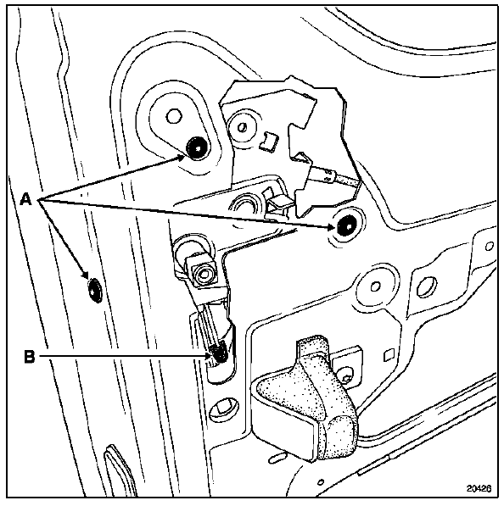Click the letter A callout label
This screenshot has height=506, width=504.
tap(25, 198)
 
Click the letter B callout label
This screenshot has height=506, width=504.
tap(29, 357)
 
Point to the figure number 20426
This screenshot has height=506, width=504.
tap(479, 488)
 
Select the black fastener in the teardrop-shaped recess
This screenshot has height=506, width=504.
tap(197, 147)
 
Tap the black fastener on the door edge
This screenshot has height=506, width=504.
tap(94, 290)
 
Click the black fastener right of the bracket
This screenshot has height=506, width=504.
tap(346, 225)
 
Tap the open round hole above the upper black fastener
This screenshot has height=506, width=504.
tap(174, 116)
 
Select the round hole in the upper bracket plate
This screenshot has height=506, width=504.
tap(241, 127)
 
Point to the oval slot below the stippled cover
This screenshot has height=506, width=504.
tap(277, 458)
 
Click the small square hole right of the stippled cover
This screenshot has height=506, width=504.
tap(388, 355)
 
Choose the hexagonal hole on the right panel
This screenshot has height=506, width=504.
tap(426, 286)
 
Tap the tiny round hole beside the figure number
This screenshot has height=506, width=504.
tap(321, 483)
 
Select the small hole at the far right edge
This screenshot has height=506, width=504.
tap(489, 247)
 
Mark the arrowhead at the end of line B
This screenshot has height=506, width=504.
tap(210, 356)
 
